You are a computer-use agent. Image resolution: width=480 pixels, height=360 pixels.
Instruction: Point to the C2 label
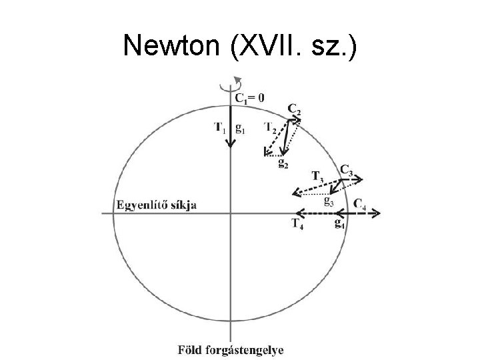click(294, 109)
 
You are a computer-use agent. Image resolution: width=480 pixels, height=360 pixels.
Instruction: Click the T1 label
click(220, 127)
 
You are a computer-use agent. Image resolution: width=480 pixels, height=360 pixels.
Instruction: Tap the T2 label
click(271, 127)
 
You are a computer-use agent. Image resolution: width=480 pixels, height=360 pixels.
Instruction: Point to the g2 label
click(283, 163)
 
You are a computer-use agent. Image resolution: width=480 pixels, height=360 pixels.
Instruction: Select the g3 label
click(329, 199)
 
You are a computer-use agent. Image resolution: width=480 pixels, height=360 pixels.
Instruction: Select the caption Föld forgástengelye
click(230, 349)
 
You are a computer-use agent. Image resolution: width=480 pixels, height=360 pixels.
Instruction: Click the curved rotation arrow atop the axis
click(233, 83)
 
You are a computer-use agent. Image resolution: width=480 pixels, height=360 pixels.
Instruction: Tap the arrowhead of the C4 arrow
click(377, 213)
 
